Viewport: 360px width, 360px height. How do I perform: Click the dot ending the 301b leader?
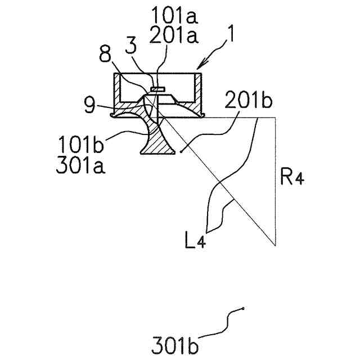[243, 308]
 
